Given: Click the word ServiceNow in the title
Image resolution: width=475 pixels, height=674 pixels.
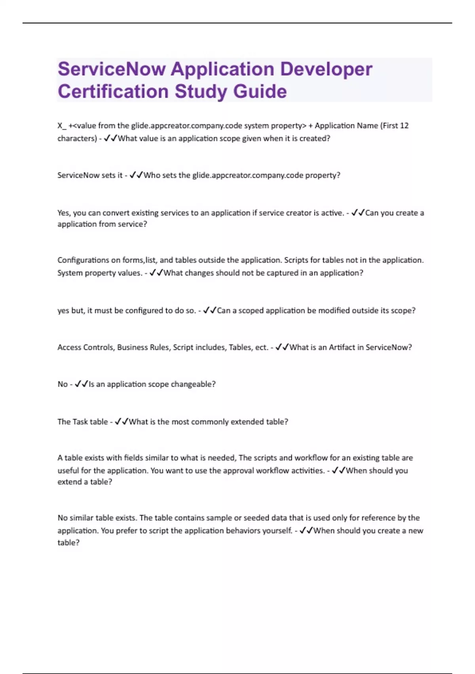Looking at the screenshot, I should [112, 69].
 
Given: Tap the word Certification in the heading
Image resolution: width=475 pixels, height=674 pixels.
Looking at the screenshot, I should [113, 91].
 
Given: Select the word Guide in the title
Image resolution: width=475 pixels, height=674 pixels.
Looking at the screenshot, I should [260, 91].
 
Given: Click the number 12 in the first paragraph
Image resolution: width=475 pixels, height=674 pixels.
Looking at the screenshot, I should [404, 126].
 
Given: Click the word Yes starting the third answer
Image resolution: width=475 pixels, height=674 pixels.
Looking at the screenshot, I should [64, 213].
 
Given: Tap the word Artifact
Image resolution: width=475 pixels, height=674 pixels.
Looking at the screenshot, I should [342, 347].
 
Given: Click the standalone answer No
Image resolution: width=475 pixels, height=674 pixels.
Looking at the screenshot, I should [63, 384].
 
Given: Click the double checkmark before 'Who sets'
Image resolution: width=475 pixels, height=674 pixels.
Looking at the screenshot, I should [136, 175].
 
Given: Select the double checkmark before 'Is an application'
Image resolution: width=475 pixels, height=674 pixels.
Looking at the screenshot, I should [82, 384].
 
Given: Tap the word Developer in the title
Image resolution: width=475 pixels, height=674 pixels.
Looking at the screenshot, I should [326, 69].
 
